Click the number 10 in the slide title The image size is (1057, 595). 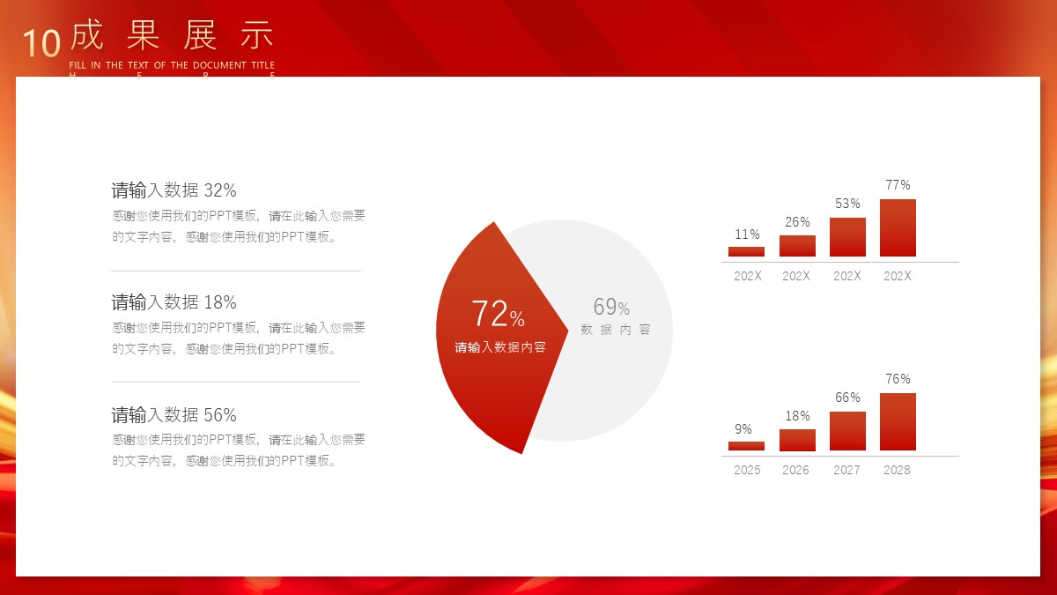coord(42,43)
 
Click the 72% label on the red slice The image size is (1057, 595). coord(498,314)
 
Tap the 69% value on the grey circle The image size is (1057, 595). coord(611,307)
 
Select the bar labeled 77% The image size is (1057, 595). coord(898,227)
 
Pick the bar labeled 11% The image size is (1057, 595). coord(746,251)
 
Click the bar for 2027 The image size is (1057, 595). coord(847,431)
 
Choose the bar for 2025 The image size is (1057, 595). coord(746,446)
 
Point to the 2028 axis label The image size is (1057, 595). coord(897,470)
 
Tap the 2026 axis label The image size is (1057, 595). coord(795,470)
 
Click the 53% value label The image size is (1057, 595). coord(847,204)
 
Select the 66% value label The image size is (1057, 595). coord(847,398)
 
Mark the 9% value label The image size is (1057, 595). coord(743,429)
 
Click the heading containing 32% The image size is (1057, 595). coord(174,190)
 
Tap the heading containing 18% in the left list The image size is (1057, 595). coord(174,302)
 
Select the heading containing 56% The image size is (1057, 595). coord(174,415)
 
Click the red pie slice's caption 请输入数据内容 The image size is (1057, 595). coord(500,347)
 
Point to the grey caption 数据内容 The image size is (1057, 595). coord(616,330)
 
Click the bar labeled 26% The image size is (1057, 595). coord(797,246)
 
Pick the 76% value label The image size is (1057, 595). coord(898,379)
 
